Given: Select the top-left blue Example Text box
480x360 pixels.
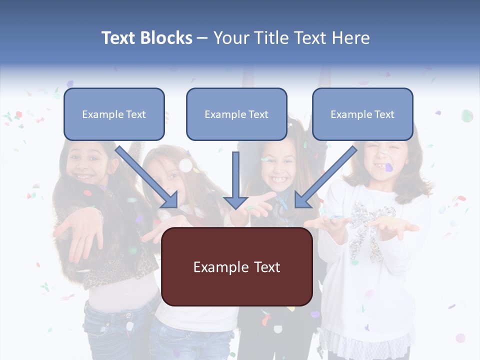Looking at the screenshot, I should (114, 114).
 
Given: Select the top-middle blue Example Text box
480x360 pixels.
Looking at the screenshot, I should (236, 114).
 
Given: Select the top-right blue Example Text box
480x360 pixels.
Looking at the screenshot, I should (362, 114).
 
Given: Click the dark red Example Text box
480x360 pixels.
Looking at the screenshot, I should (236, 266).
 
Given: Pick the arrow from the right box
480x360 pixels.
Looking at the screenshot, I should (325, 177).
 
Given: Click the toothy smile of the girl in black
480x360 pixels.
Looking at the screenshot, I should (278, 178).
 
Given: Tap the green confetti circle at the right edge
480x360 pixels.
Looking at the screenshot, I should (467, 116).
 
